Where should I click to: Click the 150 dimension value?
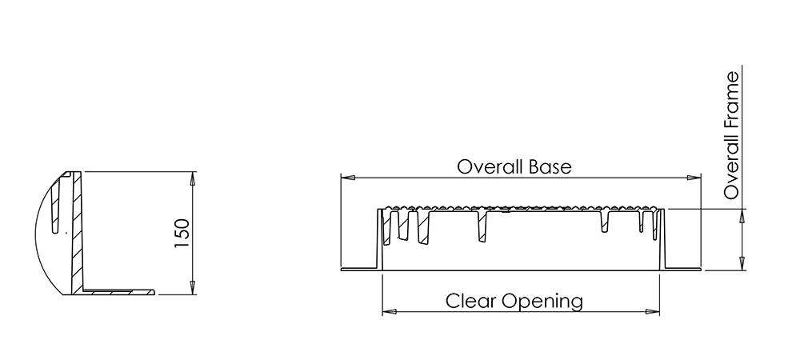pos(182,234)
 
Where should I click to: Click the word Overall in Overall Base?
pos(488,166)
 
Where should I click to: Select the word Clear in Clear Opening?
pos(470,301)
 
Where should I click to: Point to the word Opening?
pos(542,302)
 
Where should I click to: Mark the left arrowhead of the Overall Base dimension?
pos(348,178)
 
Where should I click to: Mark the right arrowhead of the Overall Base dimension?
pos(694,178)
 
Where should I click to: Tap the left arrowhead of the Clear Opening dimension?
pos(390,311)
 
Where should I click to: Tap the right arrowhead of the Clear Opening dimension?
pos(653,311)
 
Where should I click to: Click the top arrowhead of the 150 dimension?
pos(192,178)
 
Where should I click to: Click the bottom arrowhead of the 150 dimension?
pos(192,287)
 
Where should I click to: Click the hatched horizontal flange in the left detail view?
pos(118,292)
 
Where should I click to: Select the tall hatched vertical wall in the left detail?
pos(77,233)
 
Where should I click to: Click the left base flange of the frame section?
pos(360,269)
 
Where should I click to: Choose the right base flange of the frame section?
pos(682,268)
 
